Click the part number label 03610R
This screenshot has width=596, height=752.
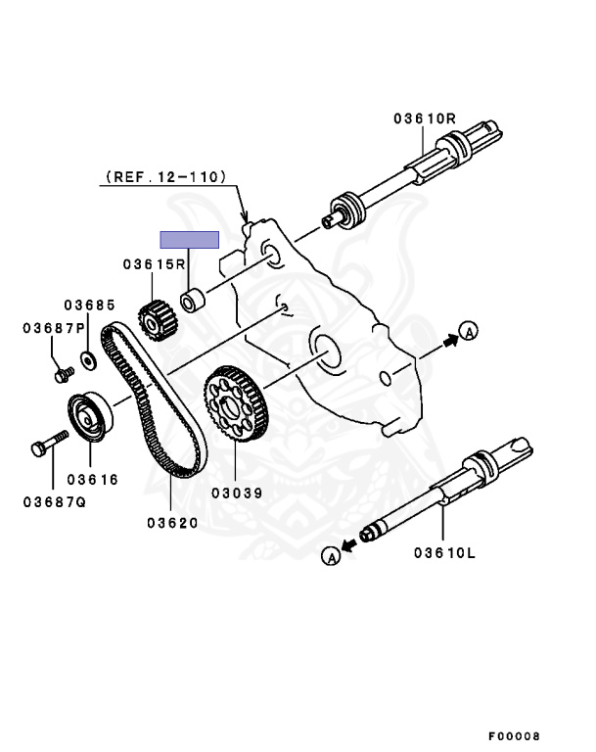[426, 118]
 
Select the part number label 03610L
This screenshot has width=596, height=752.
[443, 552]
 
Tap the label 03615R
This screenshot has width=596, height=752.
[155, 264]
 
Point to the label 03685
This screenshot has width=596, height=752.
[91, 305]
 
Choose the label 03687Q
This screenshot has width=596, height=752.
[54, 502]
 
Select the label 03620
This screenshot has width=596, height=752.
[173, 523]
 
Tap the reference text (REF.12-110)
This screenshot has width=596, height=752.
[163, 177]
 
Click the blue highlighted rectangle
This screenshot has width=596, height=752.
[189, 239]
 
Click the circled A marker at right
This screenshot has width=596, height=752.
[468, 333]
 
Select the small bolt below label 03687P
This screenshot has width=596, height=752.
[65, 372]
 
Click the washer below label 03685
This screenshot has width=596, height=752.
[88, 359]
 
